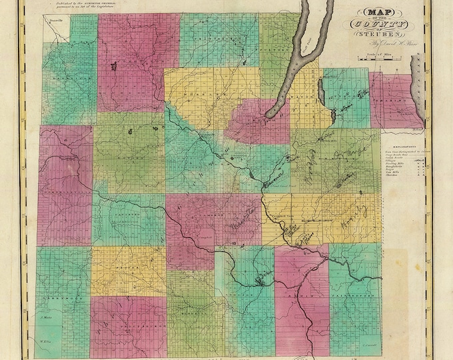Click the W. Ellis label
pyautogui.click(x=46, y=343)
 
